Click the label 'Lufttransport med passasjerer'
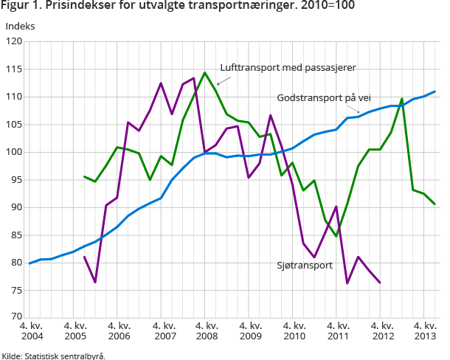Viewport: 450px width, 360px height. pyautogui.click(x=288, y=67)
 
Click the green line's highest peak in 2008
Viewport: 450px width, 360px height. pyautogui.click(x=205, y=72)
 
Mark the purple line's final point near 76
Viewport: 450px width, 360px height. pyautogui.click(x=380, y=283)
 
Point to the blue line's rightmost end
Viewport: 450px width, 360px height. pyautogui.click(x=435, y=91)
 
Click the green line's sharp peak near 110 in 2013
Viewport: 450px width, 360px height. pyautogui.click(x=402, y=98)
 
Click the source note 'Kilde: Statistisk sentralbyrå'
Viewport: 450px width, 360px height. pyautogui.click(x=54, y=355)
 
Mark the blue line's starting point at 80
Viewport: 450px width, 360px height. pyautogui.click(x=30, y=263)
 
